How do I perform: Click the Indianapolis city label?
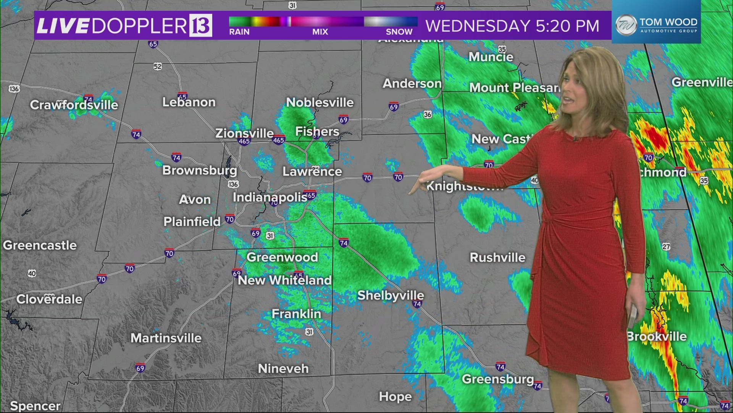(x=270, y=197)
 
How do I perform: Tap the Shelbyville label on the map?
(x=390, y=295)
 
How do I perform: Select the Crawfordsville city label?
(x=74, y=105)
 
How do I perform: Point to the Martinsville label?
(x=166, y=338)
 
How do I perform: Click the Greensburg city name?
(x=498, y=379)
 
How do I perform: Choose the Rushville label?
(x=497, y=257)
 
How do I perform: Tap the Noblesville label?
(x=320, y=102)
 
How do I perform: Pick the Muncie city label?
(x=491, y=57)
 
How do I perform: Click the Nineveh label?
(x=283, y=369)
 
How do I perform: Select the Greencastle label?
(x=40, y=245)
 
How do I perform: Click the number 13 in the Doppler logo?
(x=201, y=26)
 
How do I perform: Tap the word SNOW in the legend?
(x=399, y=32)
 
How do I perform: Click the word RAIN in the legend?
(x=239, y=32)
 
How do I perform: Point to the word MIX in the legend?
(x=320, y=32)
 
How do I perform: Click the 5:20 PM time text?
(x=567, y=26)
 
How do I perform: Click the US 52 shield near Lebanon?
(x=158, y=67)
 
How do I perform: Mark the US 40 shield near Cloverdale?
(x=32, y=273)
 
